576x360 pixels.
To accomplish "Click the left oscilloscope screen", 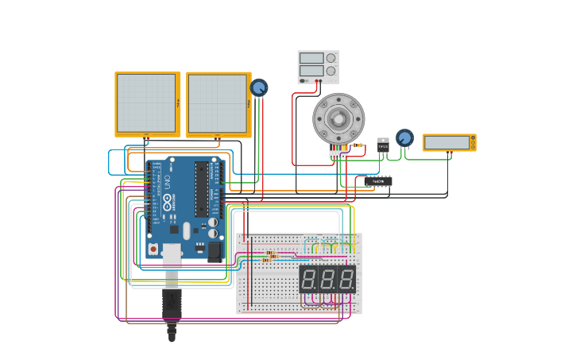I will point(147,103).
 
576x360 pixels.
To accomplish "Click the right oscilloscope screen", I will point(218,104).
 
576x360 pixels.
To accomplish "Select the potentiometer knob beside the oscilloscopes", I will point(259,87).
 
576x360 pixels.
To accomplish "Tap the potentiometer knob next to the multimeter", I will point(404,138).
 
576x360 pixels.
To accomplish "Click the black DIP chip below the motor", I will point(378,181).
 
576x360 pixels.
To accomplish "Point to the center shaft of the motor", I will point(338,119).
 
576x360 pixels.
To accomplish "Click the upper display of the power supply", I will point(311,58).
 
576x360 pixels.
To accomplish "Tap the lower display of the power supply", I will point(311,71).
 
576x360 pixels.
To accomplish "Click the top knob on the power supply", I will point(331,58).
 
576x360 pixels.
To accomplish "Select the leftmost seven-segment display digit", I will point(309,280).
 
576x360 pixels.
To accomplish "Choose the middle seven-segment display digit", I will point(327,280).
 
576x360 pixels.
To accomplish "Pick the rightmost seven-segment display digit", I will point(346,280).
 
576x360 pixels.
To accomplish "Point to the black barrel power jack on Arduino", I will point(215,251).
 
